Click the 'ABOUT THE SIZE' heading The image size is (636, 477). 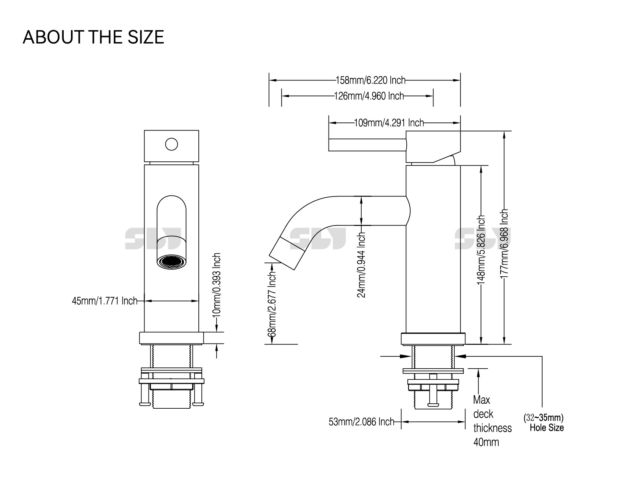(x=93, y=37)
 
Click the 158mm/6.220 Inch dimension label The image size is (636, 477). (x=370, y=81)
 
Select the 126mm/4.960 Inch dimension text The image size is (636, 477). (x=369, y=96)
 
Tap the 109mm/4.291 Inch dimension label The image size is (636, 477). (x=389, y=123)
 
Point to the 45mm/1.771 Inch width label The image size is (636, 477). (x=105, y=301)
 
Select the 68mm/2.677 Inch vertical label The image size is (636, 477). (x=272, y=304)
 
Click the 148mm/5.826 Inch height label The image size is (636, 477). (x=481, y=250)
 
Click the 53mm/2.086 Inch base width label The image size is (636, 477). (x=361, y=422)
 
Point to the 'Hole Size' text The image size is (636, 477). (x=546, y=428)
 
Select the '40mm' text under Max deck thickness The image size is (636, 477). (x=486, y=442)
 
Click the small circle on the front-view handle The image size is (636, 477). (x=172, y=144)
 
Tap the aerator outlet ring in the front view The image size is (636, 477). (x=172, y=263)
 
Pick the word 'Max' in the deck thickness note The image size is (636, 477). (x=481, y=400)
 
